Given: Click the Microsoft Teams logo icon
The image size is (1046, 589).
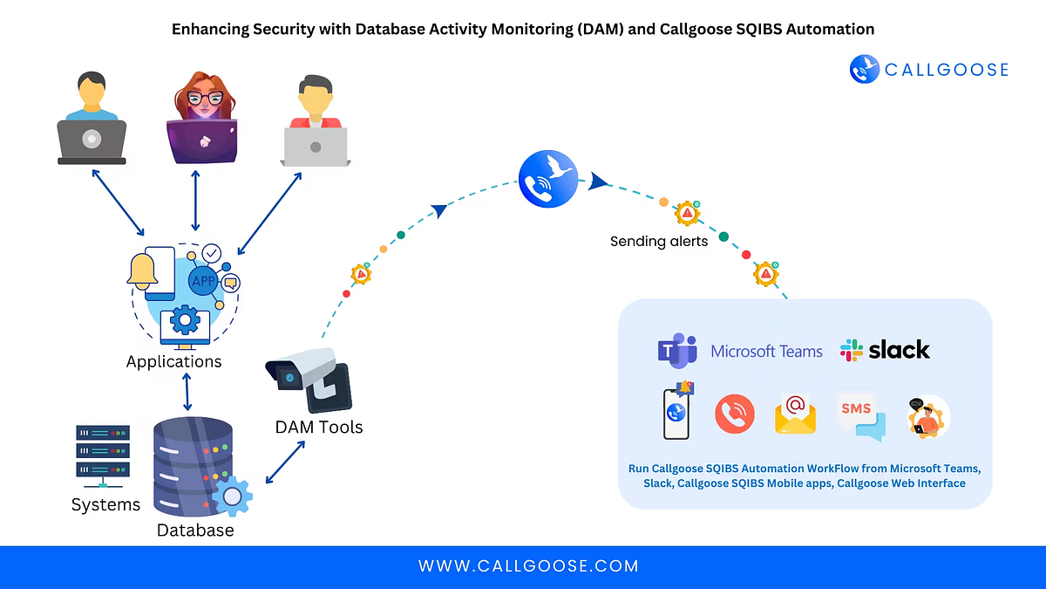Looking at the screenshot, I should [x=677, y=351].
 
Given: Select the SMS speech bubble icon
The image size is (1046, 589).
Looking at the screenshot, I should [x=860, y=415].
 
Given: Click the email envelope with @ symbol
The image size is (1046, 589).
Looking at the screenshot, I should [x=795, y=414].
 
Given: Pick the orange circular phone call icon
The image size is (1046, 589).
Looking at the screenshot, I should [x=735, y=414].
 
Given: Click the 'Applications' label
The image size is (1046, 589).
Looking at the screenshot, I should [x=174, y=361].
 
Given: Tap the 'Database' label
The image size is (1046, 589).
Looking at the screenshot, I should [x=195, y=530].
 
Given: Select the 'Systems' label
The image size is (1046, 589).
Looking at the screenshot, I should [x=105, y=504].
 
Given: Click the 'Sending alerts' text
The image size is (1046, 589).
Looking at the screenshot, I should [x=659, y=241].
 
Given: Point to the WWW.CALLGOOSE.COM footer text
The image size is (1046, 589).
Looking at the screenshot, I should [x=528, y=566].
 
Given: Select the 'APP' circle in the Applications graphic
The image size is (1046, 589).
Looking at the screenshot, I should [x=203, y=282].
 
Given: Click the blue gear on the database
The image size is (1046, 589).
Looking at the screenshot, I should [x=233, y=497].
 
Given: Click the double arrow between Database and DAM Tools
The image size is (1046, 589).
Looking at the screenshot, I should [x=285, y=461].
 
